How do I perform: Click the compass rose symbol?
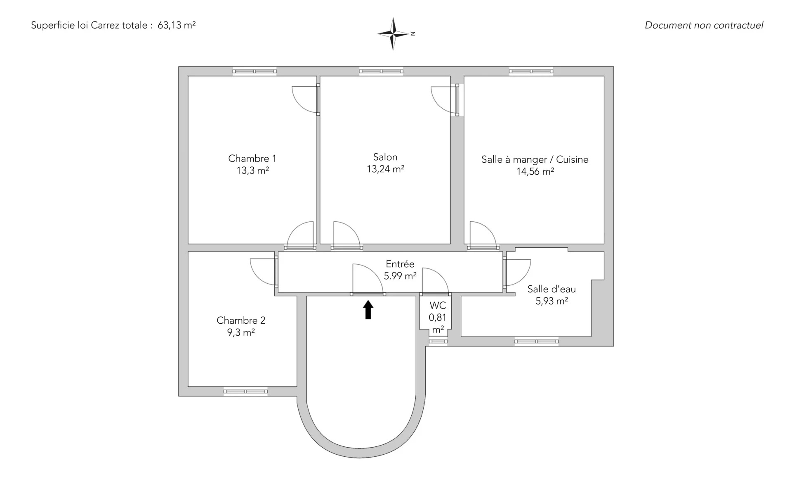pos(394,34)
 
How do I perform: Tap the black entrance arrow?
pos(368,310)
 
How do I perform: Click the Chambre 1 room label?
pos(252,159)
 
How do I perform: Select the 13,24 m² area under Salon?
pos(385,169)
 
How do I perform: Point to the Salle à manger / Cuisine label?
pos(535,159)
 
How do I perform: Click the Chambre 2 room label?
pos(241,320)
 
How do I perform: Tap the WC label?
pos(438,306)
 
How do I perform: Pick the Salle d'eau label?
pos(552,289)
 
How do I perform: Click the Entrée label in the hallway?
pos(400,264)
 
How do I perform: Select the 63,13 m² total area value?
pos(177,25)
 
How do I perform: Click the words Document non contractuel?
pos(704,25)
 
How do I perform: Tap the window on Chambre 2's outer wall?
pos(245,391)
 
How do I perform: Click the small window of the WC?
pos(438,341)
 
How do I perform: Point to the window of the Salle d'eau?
pos(537,341)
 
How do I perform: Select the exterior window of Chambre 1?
pos(255,71)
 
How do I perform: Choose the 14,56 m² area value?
pos(535,172)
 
